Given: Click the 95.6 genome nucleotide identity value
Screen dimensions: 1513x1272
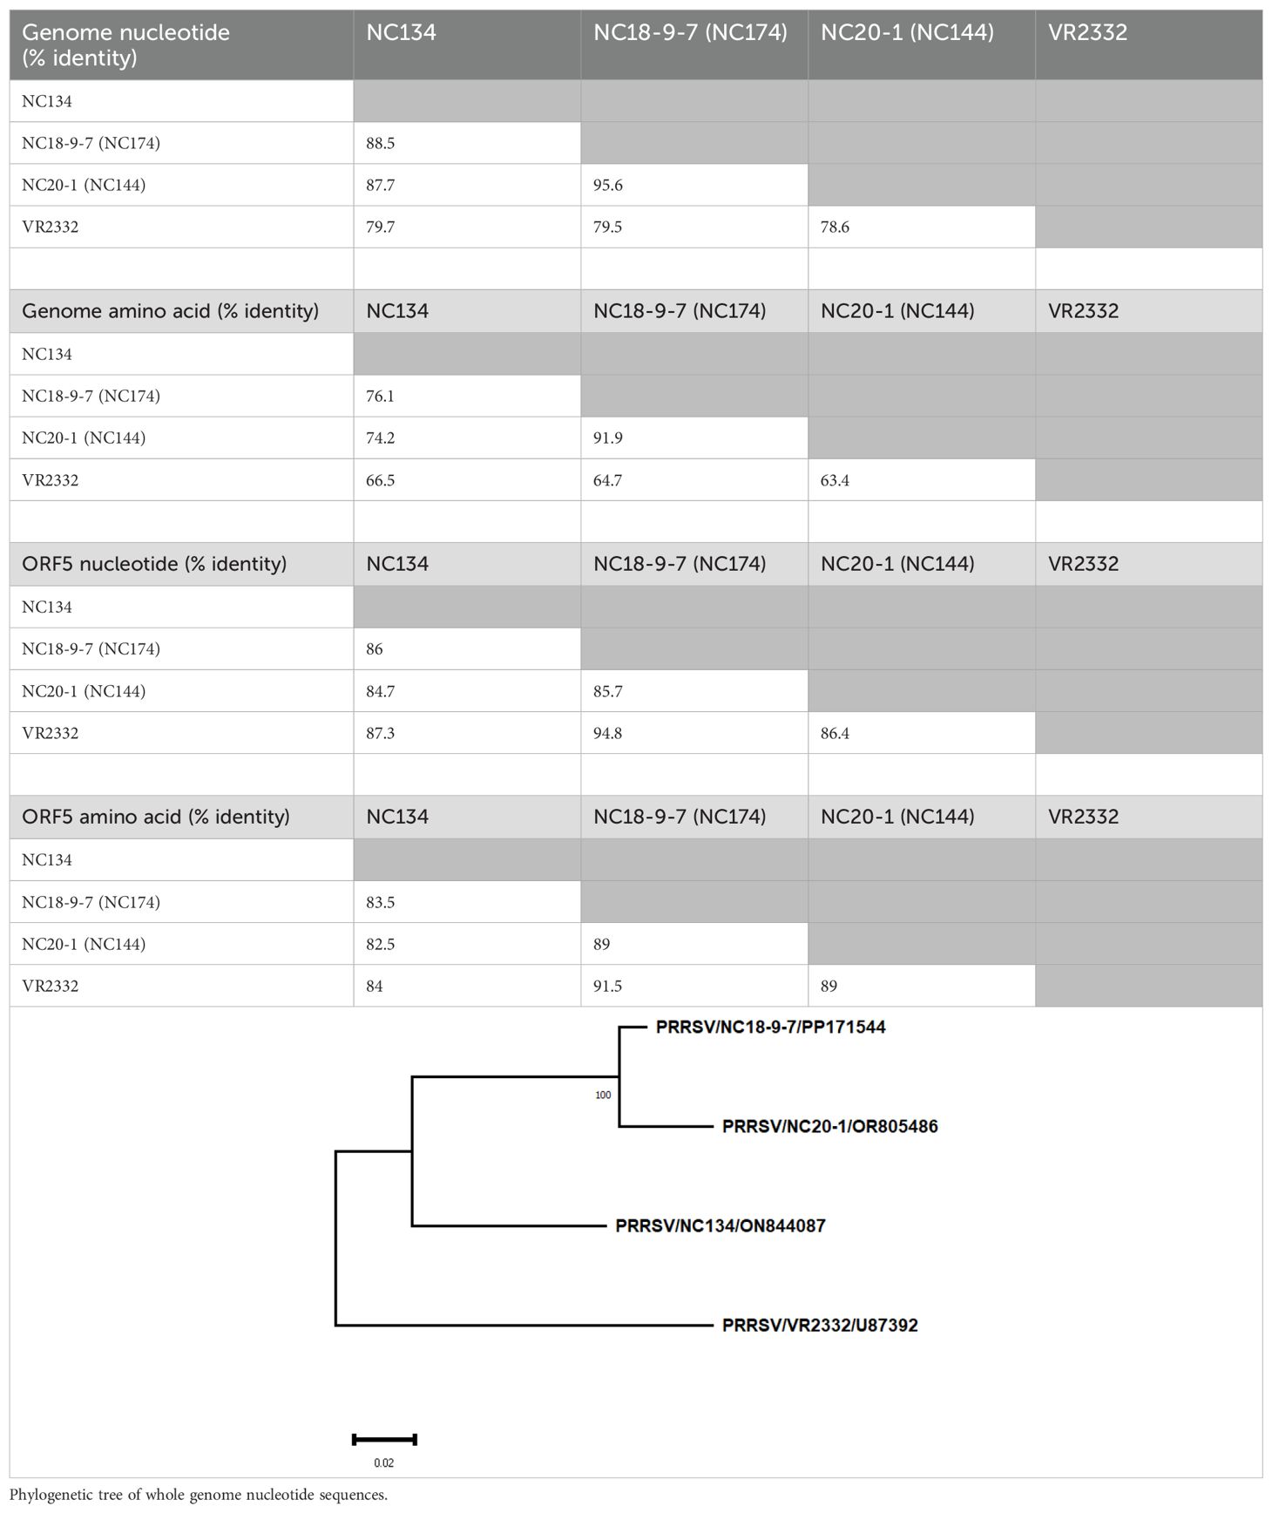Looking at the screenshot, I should coord(608,185).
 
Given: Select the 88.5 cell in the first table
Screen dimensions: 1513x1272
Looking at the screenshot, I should coord(381,143).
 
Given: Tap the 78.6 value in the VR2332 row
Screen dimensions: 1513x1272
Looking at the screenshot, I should coord(835,227).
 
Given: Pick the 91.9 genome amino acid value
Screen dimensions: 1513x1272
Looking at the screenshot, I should coord(608,438).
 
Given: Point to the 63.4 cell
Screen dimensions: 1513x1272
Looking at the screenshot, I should coord(835,480).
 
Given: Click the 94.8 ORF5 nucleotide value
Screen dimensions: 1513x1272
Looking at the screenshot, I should coord(608,733).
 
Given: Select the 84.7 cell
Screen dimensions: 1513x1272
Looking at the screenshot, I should coord(381,691).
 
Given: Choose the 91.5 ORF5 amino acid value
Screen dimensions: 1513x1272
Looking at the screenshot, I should coord(608,986).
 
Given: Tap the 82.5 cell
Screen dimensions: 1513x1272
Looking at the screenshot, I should coord(381,944).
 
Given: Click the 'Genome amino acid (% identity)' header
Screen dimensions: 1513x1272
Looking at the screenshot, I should coord(170,311).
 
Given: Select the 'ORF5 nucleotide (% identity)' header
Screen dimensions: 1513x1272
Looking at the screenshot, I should coord(154,564).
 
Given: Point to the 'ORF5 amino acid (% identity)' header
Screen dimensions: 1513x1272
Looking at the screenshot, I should coord(156,817).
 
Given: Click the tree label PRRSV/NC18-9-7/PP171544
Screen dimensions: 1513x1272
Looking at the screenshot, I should coord(770,1028).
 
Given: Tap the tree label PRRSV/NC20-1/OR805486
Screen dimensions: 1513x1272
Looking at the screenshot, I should coord(829,1127).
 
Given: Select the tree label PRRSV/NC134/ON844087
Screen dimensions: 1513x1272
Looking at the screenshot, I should coord(720,1226).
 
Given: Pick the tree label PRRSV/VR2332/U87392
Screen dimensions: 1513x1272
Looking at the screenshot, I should coord(820,1326).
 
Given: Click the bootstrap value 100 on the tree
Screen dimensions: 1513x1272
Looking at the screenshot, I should coord(603,1096).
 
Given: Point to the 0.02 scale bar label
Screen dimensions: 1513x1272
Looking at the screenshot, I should coord(383,1463).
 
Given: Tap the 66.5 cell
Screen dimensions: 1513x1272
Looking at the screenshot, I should coord(381,480).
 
